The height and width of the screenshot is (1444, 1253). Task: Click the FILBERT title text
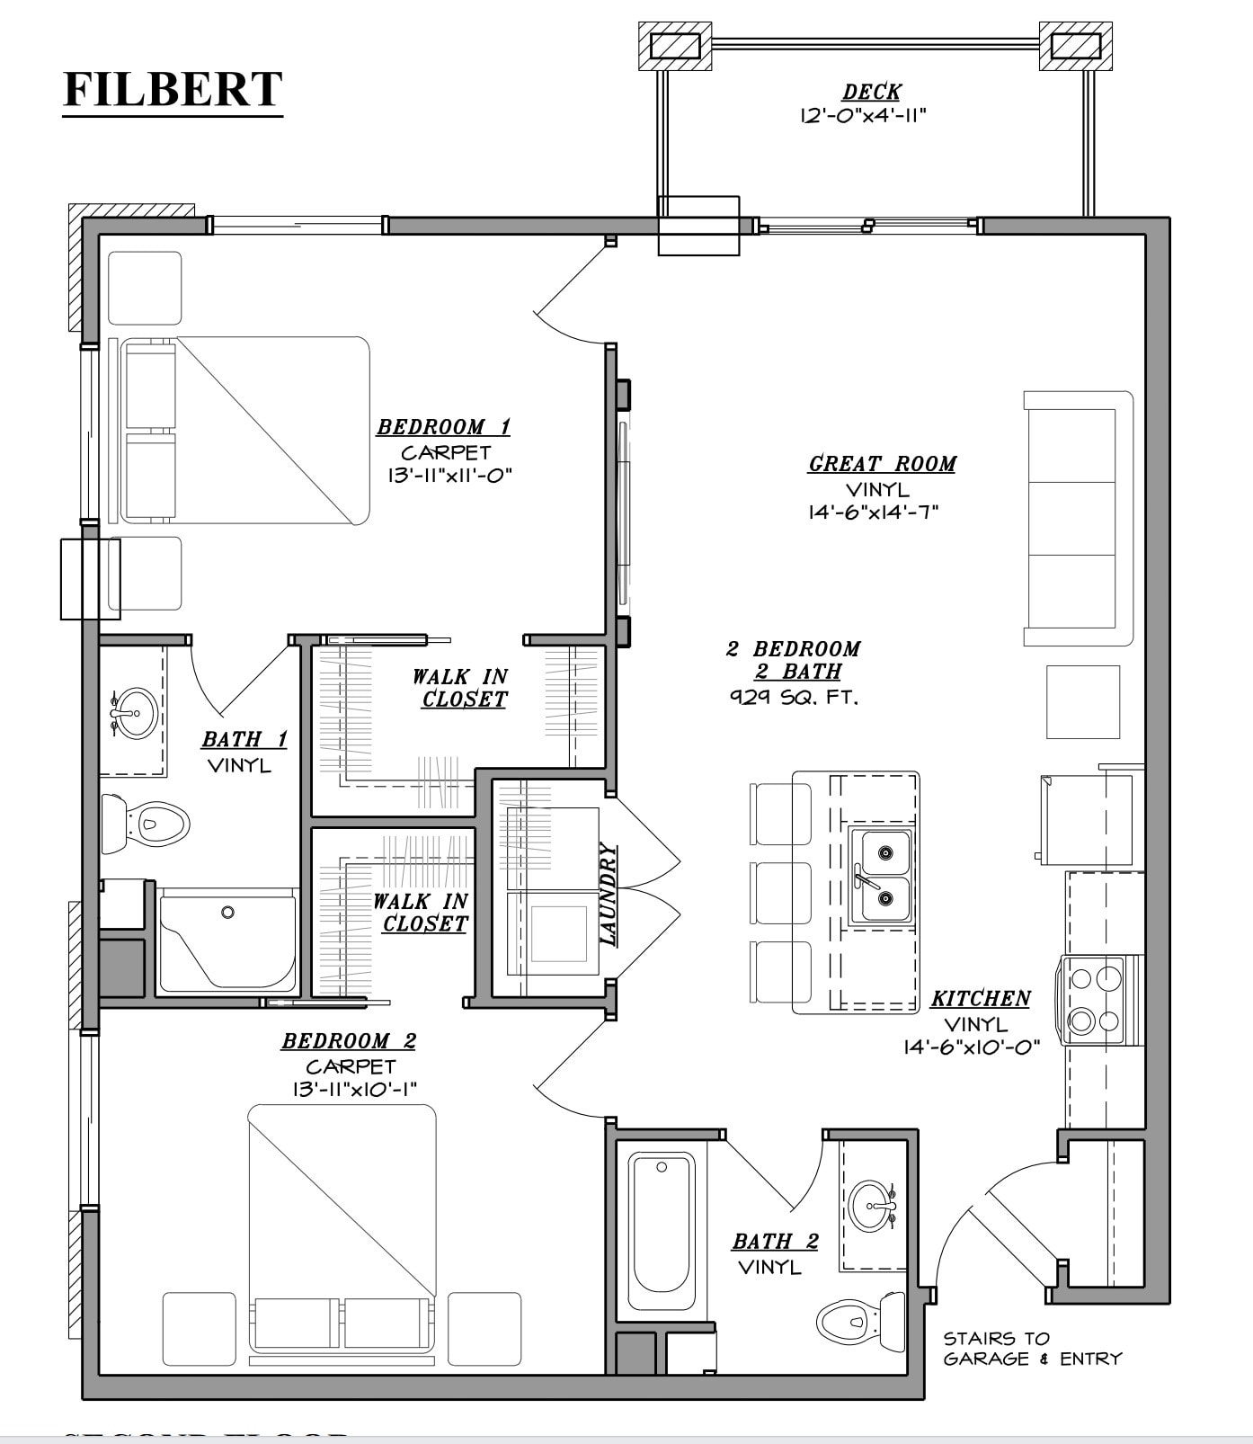(173, 90)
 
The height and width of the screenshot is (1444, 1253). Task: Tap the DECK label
(871, 92)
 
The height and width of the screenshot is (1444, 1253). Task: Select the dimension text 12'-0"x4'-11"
(862, 116)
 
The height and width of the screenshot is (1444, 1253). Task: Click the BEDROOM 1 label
(443, 426)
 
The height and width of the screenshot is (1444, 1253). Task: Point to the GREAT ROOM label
(882, 464)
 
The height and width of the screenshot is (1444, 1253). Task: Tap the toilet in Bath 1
(147, 822)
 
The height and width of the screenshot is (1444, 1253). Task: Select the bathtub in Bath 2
(662, 1231)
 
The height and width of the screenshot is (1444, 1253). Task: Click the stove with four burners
(1095, 999)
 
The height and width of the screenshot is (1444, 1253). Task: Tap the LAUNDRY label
(609, 894)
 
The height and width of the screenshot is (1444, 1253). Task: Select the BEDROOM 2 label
(349, 1041)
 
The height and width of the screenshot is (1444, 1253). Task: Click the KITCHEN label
(980, 998)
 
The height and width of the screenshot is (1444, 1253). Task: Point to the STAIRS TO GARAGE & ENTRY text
(1032, 1349)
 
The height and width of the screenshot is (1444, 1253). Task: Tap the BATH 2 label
(775, 1242)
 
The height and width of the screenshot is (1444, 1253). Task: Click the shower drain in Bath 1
(227, 912)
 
